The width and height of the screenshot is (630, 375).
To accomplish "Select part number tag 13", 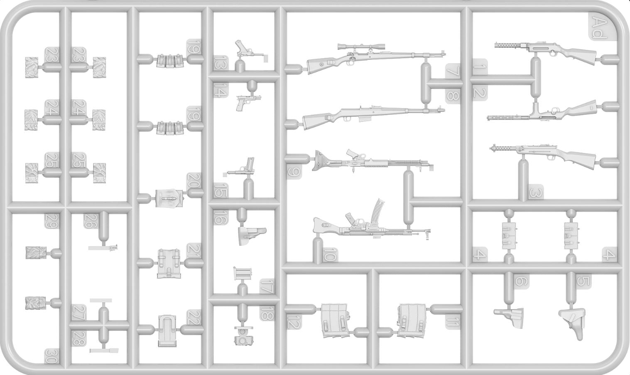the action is coord(221,63).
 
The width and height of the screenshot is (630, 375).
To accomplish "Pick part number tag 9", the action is coord(294,171).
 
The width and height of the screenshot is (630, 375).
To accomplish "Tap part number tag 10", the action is coord(330,255).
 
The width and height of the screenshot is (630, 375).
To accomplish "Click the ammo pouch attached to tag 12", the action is coord(335,320).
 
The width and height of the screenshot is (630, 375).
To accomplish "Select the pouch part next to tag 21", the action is coord(169,264).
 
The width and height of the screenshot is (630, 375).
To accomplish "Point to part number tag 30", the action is coord(51,356).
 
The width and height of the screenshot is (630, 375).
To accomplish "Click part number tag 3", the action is coord(535,192).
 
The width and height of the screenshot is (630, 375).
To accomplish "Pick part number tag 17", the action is coord(267,286).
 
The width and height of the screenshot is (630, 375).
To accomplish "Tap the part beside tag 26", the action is coord(103,248).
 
